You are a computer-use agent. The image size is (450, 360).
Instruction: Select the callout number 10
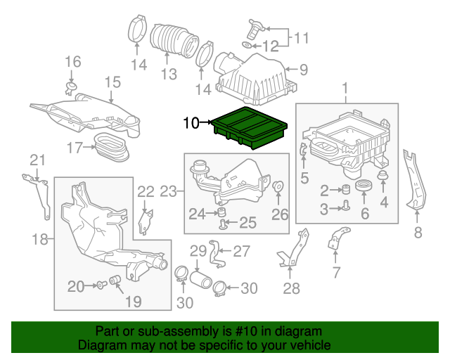(x=191, y=124)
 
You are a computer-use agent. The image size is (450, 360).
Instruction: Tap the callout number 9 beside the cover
(x=304, y=70)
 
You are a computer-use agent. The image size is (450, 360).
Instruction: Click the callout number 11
(x=301, y=37)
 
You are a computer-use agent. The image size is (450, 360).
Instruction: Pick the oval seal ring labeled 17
(x=111, y=146)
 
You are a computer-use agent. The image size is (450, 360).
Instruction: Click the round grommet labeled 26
(x=278, y=188)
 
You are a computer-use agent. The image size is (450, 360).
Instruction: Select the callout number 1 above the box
(x=345, y=88)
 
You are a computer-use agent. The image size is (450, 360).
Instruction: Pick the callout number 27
(x=241, y=250)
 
